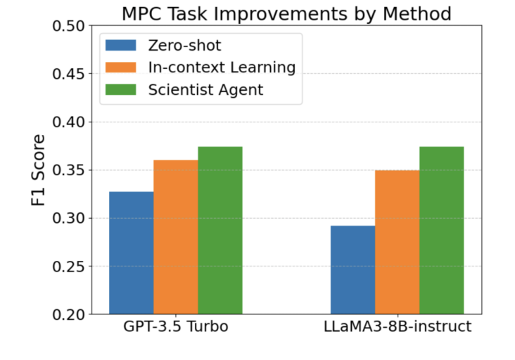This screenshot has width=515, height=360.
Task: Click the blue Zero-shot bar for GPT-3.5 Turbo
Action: click(131, 252)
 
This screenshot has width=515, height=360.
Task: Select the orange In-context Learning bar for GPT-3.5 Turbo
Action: click(175, 237)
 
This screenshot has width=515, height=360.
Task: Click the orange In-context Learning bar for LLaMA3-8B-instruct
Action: click(397, 242)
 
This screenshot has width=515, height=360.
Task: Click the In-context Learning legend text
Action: click(222, 67)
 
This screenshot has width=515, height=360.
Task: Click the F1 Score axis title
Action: click(39, 169)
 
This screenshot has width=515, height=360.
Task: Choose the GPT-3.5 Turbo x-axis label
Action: click(175, 328)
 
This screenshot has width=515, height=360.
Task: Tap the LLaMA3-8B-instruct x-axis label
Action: click(397, 328)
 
